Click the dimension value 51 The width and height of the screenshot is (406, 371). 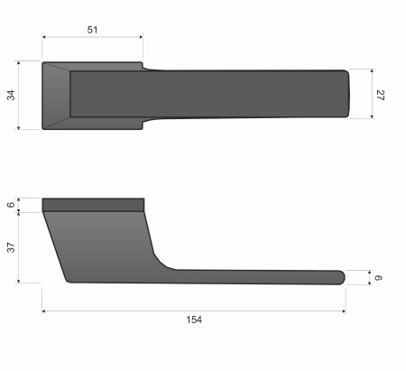[93, 30]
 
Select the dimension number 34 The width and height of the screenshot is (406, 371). [12, 96]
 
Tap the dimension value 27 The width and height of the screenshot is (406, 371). [381, 94]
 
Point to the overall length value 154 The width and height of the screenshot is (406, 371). [194, 320]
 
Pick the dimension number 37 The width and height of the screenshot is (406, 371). [12, 247]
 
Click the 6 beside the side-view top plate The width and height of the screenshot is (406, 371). [12, 205]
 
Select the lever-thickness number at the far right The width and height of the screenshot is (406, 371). [380, 277]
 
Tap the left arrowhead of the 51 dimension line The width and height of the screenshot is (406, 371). [45, 38]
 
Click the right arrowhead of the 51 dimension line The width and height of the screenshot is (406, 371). [140, 38]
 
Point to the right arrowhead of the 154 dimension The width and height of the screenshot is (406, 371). [343, 311]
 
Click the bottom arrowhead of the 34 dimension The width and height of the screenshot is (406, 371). [19, 127]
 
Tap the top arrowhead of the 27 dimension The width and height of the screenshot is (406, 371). [371, 71]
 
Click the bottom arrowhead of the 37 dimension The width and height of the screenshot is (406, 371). [19, 281]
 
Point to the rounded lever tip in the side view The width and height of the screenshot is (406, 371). [340, 277]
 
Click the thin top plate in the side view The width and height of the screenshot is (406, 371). [93, 204]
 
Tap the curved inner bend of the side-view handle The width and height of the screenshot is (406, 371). [162, 261]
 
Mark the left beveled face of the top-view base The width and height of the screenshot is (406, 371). [56, 95]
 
